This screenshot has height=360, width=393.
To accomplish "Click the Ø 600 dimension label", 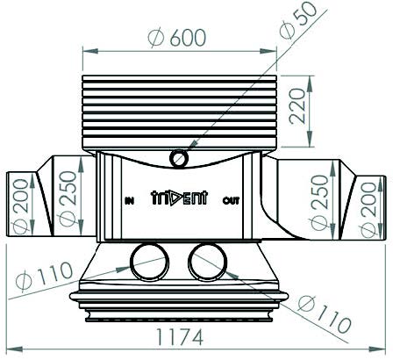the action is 177,38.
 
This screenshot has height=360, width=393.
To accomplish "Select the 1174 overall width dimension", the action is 180,336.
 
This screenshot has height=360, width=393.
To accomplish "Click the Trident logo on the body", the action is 180,198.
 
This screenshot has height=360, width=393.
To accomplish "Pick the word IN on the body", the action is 129,201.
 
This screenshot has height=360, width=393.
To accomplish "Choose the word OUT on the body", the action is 231,201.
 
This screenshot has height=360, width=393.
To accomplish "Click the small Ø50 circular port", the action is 179,159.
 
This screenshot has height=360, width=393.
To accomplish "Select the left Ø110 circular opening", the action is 149,262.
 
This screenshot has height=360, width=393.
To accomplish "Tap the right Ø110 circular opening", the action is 207,262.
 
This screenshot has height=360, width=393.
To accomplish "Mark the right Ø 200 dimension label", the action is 368,209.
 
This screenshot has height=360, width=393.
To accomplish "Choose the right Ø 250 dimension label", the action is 319,202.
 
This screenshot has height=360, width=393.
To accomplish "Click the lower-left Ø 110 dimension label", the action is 44,276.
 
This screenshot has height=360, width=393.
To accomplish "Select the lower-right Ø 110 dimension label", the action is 324,314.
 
